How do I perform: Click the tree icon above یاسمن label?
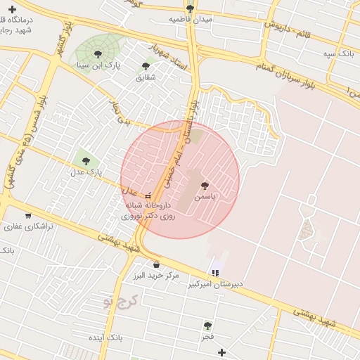[x=205, y=186]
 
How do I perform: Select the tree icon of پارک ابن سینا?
[x=98, y=54]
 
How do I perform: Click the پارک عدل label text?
[x=86, y=172]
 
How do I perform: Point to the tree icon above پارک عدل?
[x=86, y=161]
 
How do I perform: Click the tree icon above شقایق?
[x=146, y=66]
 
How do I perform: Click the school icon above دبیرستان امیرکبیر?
[x=214, y=273]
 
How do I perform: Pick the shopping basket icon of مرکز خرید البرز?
[x=156, y=264]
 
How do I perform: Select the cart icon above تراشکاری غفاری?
[x=27, y=216]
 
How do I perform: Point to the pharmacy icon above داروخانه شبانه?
[x=148, y=195]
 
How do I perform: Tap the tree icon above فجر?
[x=207, y=326]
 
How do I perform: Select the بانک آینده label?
[x=105, y=338]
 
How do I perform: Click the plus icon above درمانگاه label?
[x=11, y=9]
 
